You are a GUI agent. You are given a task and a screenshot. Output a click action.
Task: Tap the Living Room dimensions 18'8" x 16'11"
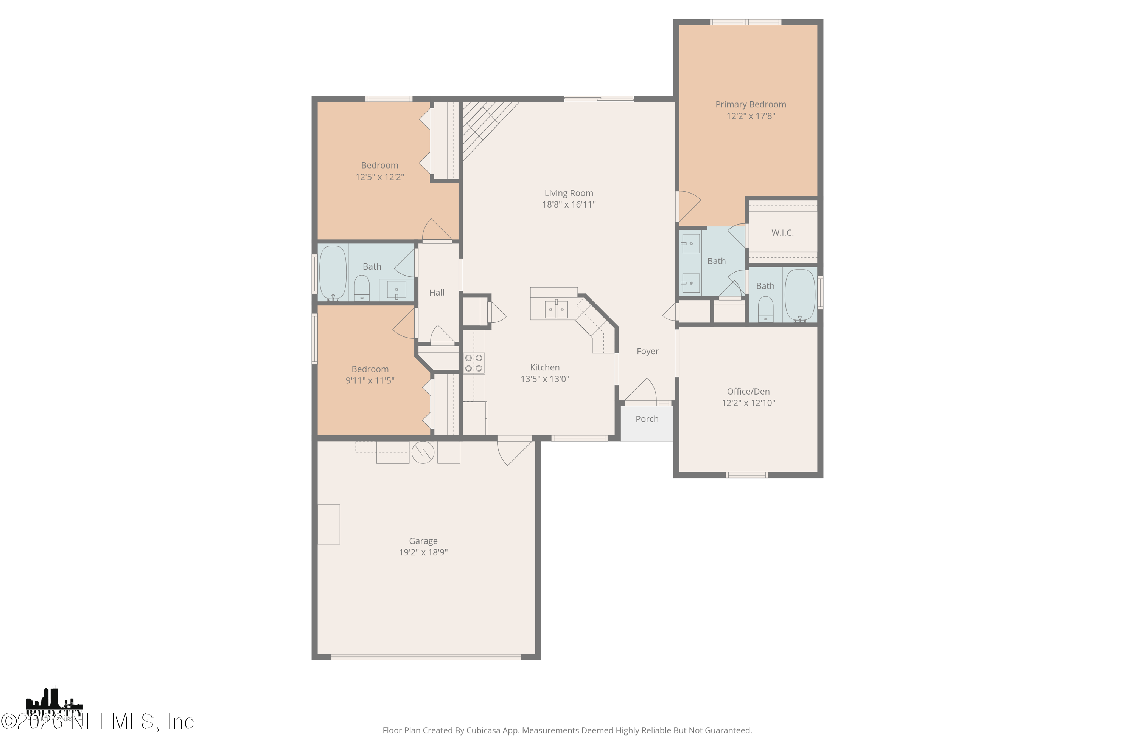coord(569,204)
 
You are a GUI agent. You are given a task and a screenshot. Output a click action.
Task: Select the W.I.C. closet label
coord(782,233)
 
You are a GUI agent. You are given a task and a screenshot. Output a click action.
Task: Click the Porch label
coord(647,419)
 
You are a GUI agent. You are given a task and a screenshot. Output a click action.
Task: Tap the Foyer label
coord(647,352)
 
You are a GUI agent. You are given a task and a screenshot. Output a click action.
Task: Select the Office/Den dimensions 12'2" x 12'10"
coord(748,403)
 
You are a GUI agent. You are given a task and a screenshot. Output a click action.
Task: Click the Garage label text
coord(423,541)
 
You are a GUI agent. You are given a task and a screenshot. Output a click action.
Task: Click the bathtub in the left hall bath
coord(333,273)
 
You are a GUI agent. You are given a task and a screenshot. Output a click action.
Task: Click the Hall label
coord(437,293)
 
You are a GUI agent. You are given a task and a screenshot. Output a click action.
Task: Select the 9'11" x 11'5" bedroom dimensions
coord(370,380)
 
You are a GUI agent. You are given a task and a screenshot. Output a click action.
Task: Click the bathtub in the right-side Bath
coord(800,295)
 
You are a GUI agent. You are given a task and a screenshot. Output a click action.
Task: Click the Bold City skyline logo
coord(54,705)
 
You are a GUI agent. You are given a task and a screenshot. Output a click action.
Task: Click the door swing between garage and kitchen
coord(513,452)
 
